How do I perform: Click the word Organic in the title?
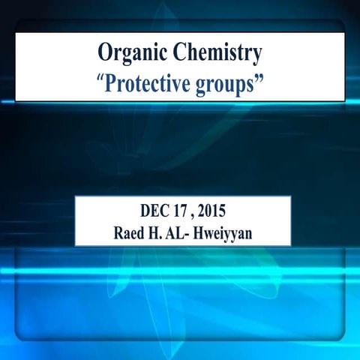[x=132, y=53]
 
